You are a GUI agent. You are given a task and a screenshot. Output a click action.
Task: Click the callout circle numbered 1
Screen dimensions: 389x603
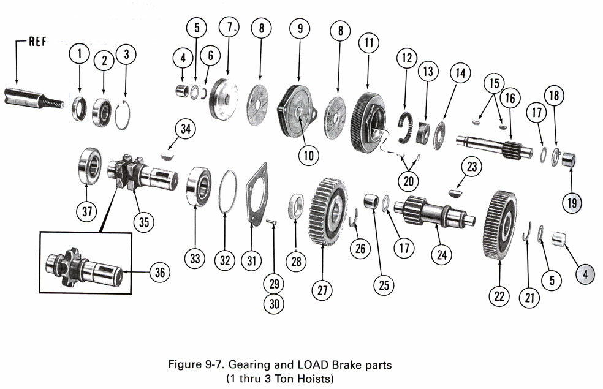78,55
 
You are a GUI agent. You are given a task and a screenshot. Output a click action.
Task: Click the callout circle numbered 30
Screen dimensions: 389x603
273,303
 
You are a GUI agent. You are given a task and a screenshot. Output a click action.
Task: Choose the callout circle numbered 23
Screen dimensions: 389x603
472,167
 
